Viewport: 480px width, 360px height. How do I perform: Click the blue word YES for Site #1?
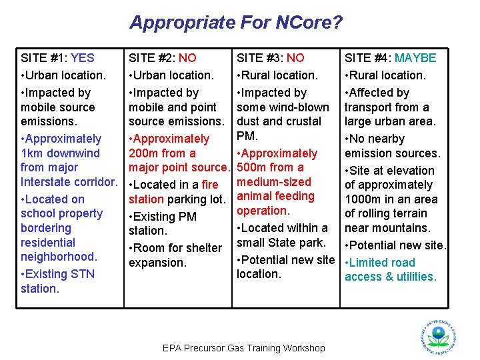coord(83,58)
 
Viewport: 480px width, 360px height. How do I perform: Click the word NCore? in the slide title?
coord(311,23)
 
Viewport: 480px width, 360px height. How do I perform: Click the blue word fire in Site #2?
coord(210,185)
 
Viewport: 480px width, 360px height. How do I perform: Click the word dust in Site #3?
coord(249,121)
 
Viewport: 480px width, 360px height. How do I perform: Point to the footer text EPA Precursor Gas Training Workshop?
coord(244,348)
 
